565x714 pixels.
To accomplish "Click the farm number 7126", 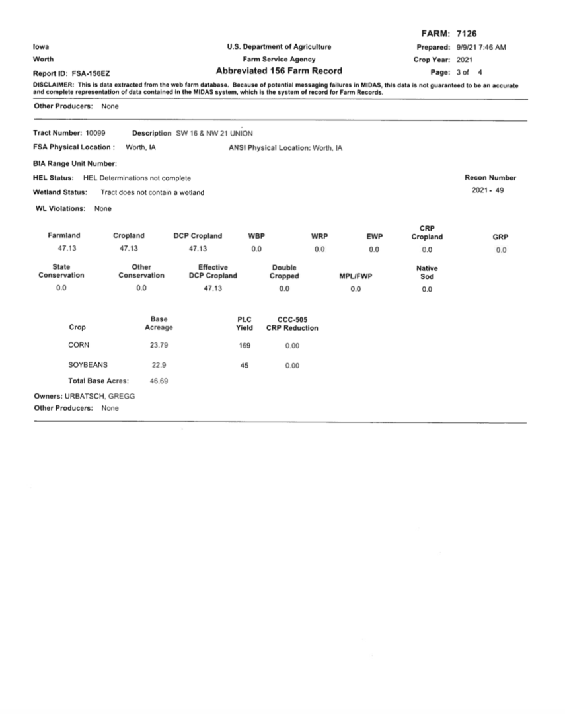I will (467, 34).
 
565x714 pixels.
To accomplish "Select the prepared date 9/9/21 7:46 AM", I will (481, 47).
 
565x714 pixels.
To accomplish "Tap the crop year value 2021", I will (465, 59).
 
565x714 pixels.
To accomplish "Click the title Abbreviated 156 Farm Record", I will (279, 71).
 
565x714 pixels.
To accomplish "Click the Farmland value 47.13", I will (64, 249).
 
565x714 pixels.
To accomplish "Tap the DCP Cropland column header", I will (198, 236).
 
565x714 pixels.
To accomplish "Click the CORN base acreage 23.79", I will (159, 346).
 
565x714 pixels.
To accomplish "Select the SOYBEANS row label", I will (88, 365).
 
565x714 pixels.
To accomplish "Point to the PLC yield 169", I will (245, 346).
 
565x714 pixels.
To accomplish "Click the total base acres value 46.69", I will (159, 382).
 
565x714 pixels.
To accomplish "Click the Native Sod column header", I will (427, 272).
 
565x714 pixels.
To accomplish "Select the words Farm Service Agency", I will (279, 59).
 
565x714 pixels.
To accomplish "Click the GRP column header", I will (500, 236).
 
